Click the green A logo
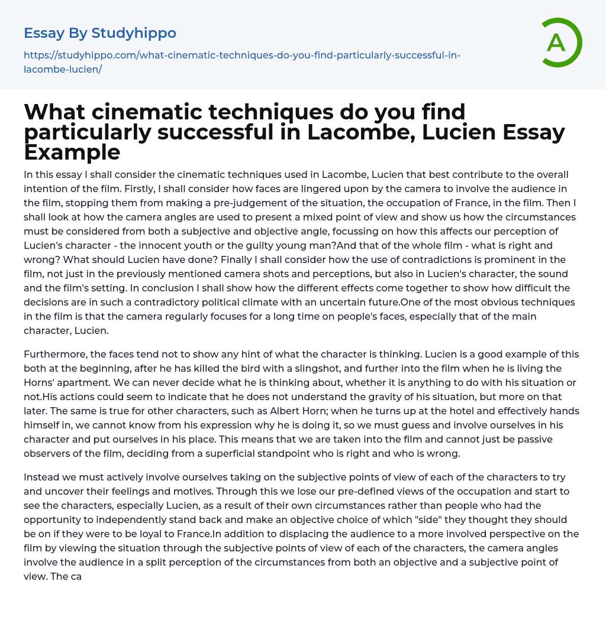[557, 43]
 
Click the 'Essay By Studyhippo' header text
[100, 33]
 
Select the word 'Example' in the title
[72, 152]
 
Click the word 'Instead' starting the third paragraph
[41, 478]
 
